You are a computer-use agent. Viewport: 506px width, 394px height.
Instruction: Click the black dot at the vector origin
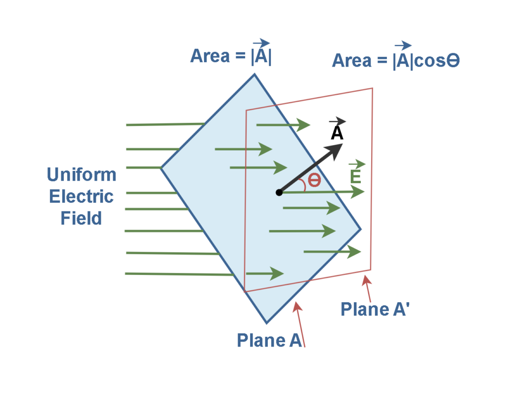tap(279, 192)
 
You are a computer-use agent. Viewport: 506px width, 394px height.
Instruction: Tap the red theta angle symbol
tap(314, 180)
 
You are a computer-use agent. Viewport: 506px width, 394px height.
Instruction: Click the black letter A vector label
tap(337, 133)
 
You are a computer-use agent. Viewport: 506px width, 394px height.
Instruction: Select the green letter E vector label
tap(355, 176)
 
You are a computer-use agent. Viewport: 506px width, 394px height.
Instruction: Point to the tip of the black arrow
tap(341, 146)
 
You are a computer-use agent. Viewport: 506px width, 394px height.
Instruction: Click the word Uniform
tap(82, 174)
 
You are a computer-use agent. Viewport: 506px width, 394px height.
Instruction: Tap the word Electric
tap(82, 196)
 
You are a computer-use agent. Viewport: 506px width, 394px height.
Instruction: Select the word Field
tap(82, 218)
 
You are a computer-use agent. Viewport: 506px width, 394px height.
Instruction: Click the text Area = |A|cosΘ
tap(396, 61)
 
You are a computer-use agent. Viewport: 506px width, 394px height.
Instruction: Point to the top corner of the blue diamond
tap(254, 75)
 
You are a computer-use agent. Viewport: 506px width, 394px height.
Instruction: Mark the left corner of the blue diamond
tap(161, 168)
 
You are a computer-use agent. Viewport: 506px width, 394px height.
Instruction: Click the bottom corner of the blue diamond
tap(266, 323)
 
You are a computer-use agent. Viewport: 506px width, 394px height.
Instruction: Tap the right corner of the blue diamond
tap(361, 229)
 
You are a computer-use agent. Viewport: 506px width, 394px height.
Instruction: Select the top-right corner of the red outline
tap(372, 89)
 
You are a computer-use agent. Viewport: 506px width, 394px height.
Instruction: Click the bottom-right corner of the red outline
tap(370, 270)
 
